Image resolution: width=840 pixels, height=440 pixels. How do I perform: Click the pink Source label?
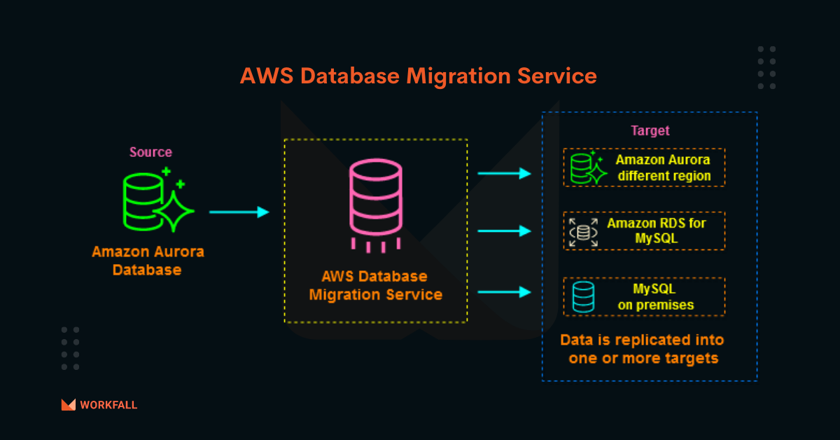tap(150, 152)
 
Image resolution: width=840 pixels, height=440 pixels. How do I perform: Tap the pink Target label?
tap(650, 130)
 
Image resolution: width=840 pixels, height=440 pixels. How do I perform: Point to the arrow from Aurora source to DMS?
tap(239, 212)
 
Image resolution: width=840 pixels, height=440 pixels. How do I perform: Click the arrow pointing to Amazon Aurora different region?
tap(505, 174)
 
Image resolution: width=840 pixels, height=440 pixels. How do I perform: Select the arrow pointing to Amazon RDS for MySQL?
tap(505, 231)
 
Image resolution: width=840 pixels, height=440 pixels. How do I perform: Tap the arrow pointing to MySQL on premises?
tap(505, 291)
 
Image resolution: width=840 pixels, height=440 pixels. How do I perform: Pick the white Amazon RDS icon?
tap(584, 233)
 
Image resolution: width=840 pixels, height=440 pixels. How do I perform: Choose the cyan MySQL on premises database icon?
tap(584, 297)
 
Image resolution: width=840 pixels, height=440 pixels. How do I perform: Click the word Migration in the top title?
tap(458, 76)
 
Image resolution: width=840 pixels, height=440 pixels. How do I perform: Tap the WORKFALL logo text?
tap(108, 405)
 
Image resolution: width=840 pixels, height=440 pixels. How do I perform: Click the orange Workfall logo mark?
tap(69, 405)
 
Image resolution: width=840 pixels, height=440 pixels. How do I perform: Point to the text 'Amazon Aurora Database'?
tap(148, 261)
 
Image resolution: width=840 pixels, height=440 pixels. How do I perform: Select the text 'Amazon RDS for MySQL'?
tap(657, 231)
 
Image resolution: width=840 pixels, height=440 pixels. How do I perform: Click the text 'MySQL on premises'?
tap(656, 297)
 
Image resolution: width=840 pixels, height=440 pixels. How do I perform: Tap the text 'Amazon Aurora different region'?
tap(664, 168)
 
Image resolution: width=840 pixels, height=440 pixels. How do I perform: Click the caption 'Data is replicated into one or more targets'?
tap(643, 349)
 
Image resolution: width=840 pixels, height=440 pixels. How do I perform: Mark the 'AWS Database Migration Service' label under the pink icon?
tap(376, 286)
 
